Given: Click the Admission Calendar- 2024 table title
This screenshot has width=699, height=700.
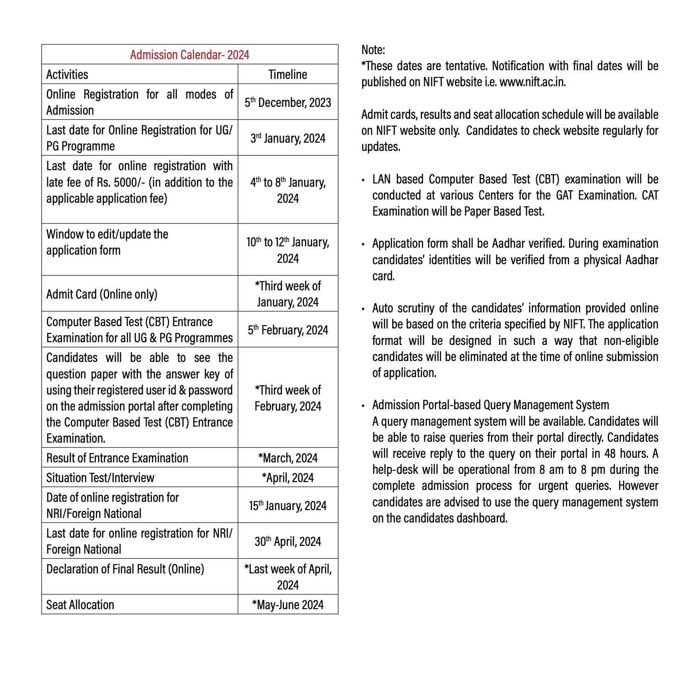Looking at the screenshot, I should [x=189, y=55].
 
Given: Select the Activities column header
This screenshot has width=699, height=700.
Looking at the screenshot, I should [x=67, y=74].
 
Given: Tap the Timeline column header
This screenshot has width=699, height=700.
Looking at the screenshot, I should [x=288, y=74].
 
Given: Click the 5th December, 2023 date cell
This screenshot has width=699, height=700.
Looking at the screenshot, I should [x=288, y=102].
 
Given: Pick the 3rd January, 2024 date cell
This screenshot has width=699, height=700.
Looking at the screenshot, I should [x=288, y=138].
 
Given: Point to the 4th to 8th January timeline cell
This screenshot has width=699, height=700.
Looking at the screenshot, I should [x=288, y=190].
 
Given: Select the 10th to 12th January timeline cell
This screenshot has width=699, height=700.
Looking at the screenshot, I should [x=288, y=250].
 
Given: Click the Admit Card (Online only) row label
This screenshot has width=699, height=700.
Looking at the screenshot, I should [x=101, y=294].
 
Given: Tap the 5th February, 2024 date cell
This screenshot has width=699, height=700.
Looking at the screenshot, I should [x=288, y=330].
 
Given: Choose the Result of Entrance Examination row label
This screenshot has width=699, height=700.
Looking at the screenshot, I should [x=117, y=458].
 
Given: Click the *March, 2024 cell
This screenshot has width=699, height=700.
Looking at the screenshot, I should [x=288, y=458].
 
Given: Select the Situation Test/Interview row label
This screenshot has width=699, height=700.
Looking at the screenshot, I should [x=100, y=478].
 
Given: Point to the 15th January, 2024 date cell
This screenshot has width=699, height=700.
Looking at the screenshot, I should [x=288, y=506].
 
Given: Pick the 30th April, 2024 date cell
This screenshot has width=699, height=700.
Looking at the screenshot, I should [x=288, y=541].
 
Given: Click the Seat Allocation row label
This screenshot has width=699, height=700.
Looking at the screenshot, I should [x=80, y=605].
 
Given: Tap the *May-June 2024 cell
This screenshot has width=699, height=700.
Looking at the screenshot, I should [x=288, y=605].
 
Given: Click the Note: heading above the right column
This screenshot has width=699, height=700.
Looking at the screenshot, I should [x=373, y=50].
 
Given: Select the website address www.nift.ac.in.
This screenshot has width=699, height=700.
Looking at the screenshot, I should [x=532, y=82].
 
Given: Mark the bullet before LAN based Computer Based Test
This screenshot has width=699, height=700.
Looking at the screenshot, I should [x=363, y=180].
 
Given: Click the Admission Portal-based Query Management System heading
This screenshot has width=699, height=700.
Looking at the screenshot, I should [x=490, y=405].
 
